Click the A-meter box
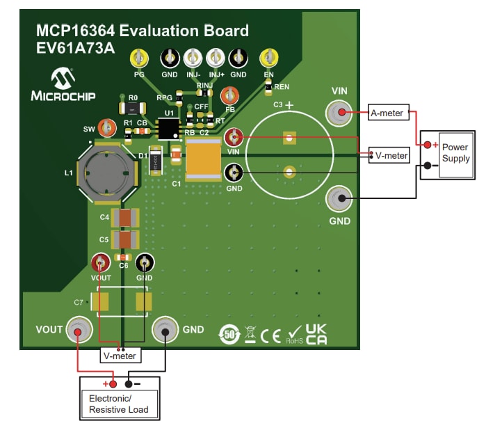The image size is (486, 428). pos(389,113)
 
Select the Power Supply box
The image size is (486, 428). pos(455,154)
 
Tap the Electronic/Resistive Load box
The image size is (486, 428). pos(119,404)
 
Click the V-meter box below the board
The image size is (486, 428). pos(120,356)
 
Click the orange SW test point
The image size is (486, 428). pos(106,128)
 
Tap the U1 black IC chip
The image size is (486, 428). pos(168,128)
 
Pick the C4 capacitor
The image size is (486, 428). pos(126,218)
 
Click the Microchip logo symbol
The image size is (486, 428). pos(63,78)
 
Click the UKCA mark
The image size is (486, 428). pos(316,335)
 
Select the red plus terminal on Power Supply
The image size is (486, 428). pos(426,145)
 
